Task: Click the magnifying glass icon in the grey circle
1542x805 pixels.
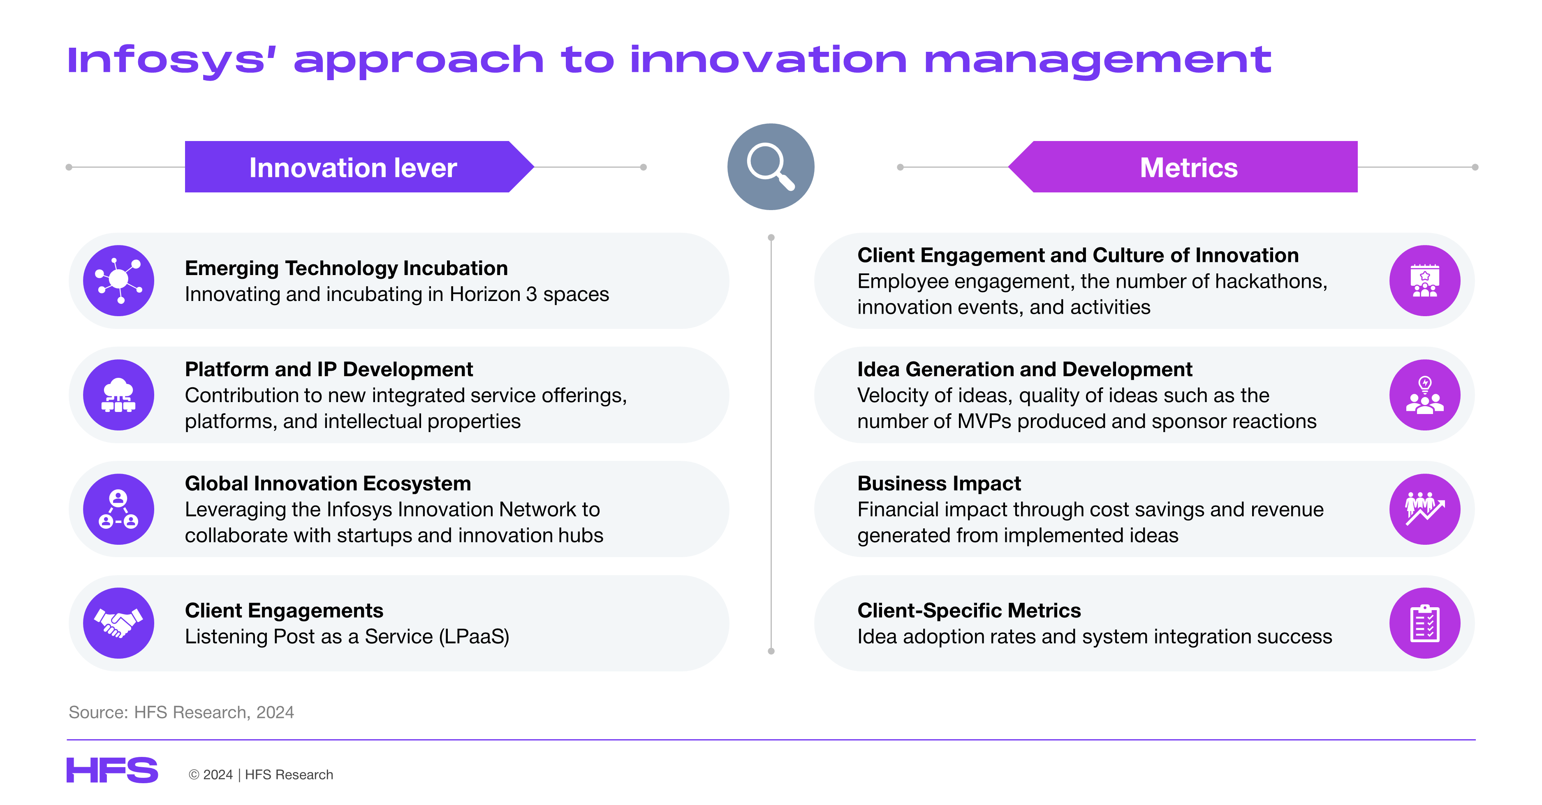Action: point(771,167)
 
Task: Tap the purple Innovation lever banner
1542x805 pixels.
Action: point(359,167)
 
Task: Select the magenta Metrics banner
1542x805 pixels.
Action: point(1183,167)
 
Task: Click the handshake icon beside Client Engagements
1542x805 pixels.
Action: point(118,623)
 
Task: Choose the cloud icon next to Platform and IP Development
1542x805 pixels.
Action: point(118,395)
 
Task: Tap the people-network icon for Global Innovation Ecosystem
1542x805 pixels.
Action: point(118,509)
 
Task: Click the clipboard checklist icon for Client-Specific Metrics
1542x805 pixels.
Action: point(1425,623)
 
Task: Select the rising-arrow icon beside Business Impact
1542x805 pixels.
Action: point(1425,509)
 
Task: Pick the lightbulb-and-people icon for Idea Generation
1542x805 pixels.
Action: point(1425,395)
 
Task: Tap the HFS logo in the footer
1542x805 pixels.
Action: point(112,770)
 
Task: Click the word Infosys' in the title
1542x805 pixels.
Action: point(172,61)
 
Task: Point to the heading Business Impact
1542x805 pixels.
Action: point(939,483)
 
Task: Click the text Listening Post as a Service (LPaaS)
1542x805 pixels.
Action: point(347,636)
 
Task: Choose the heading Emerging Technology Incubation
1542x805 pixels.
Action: point(346,268)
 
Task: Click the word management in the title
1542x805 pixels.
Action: point(1097,61)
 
